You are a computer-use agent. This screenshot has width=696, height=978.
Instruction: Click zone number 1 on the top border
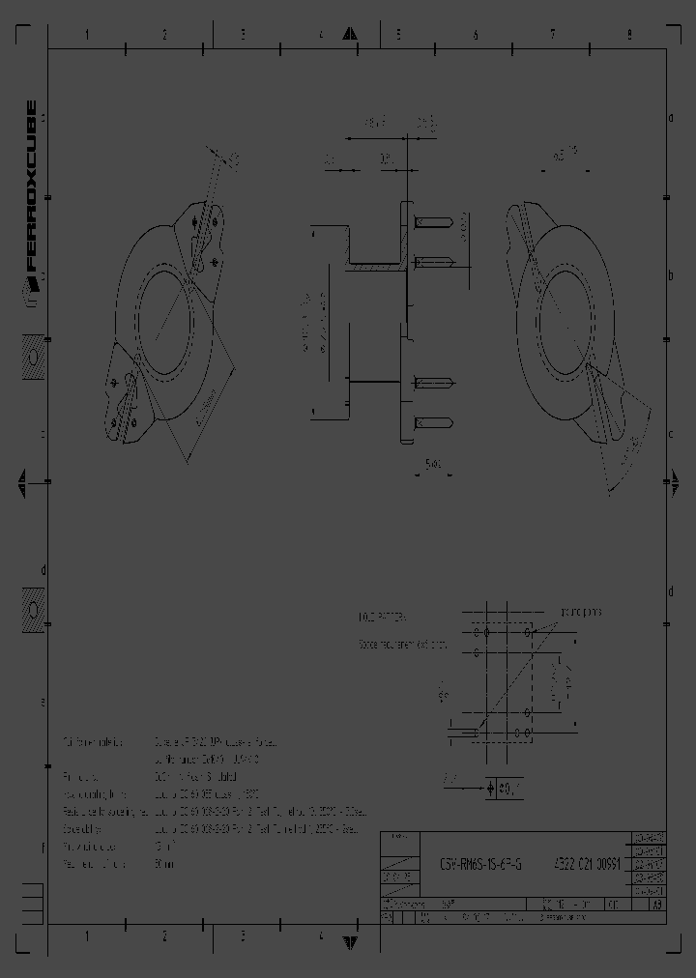(87, 35)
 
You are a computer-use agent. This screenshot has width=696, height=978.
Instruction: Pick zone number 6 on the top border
(476, 35)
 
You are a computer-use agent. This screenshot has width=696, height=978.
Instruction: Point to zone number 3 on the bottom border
(243, 936)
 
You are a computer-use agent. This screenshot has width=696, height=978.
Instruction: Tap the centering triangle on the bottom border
(350, 940)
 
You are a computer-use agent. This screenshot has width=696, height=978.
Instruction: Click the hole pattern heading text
(382, 616)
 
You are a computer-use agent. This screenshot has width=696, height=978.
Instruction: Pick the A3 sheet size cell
(656, 906)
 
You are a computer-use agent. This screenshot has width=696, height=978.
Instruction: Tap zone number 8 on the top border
(628, 35)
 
